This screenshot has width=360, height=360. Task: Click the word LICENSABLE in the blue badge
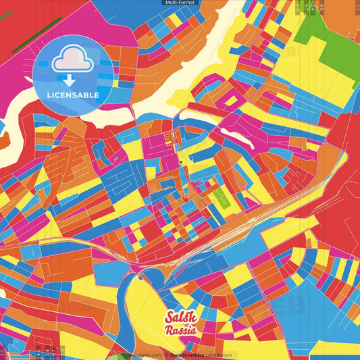point(73,95)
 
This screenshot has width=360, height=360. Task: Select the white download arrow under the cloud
point(69,80)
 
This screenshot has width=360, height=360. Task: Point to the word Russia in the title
point(181,331)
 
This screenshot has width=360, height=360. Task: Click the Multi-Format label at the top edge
point(180,3)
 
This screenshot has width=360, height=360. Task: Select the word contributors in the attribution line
point(217,355)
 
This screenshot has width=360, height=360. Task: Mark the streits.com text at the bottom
point(147,355)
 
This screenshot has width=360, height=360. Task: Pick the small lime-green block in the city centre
point(220,197)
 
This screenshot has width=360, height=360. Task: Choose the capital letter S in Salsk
point(170,317)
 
